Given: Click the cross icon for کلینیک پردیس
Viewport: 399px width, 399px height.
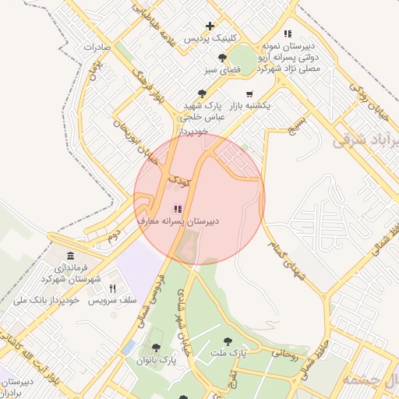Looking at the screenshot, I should (210, 26).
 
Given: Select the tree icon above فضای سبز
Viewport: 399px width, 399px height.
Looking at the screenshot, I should (224, 58).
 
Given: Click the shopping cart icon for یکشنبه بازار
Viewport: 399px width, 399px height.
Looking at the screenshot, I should (249, 94).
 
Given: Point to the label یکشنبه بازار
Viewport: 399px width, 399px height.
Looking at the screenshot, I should (247, 105).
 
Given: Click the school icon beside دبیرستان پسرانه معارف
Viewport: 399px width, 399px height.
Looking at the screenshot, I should (177, 209).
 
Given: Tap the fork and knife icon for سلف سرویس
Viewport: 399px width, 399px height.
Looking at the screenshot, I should (113, 288).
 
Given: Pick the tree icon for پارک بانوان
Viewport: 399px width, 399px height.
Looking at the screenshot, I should (156, 348).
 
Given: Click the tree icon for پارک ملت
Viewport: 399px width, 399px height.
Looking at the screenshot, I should (228, 341).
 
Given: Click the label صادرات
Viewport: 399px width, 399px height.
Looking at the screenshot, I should (93, 47).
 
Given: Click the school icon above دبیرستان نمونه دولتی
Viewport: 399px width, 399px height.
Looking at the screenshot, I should (288, 34).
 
